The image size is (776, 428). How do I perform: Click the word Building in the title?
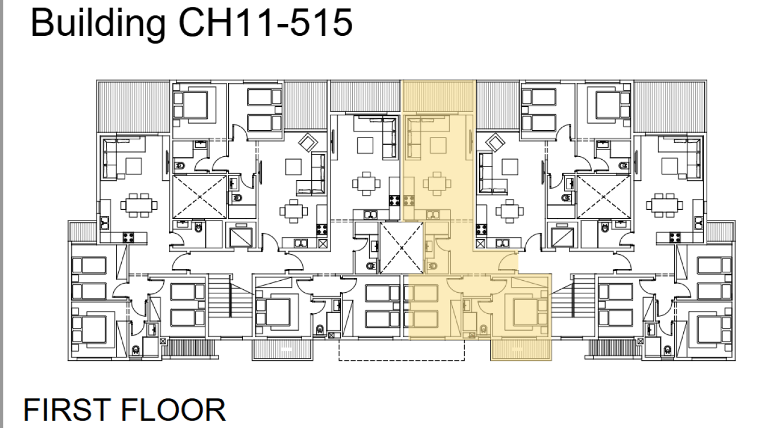(x=98, y=24)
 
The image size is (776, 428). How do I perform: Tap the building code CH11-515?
(x=265, y=23)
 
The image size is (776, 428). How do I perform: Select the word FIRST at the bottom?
(x=67, y=410)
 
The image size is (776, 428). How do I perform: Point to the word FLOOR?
(x=173, y=410)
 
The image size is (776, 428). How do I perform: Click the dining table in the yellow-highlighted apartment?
(x=437, y=184)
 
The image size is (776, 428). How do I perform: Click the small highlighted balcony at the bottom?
(x=521, y=350)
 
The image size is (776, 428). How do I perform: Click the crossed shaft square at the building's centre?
(x=402, y=247)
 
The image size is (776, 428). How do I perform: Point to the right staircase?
(x=573, y=305)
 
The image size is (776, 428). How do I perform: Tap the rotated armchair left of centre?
(x=308, y=142)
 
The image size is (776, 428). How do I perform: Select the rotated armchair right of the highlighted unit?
(x=496, y=142)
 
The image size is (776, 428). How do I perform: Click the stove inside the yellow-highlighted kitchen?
(x=409, y=201)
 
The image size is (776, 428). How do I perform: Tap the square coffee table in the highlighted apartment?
(x=438, y=146)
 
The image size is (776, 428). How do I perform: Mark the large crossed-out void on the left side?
(x=200, y=197)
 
